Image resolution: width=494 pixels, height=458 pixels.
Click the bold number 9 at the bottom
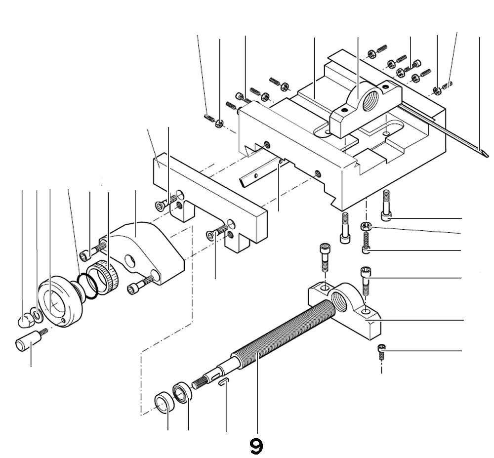tap(256, 447)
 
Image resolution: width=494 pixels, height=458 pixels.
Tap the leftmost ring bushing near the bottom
tap(164, 401)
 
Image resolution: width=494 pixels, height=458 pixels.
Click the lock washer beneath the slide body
tap(365, 227)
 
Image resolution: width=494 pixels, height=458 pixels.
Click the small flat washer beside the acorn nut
tap(35, 314)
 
